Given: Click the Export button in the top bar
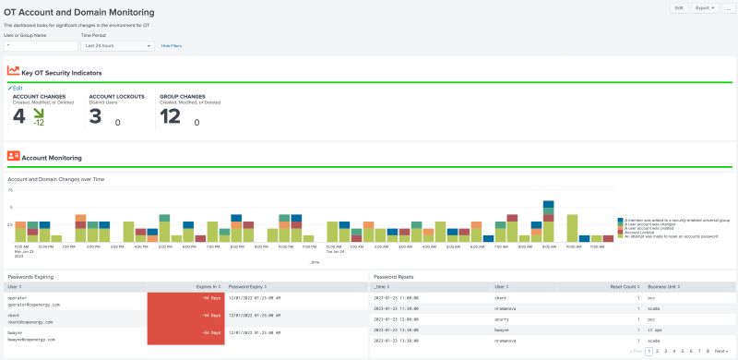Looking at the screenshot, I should point(706,7).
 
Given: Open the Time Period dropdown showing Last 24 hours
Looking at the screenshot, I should point(117,44).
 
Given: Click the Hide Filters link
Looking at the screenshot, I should point(172,44).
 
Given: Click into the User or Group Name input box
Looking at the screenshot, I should point(41,44).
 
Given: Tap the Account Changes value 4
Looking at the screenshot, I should point(19,115).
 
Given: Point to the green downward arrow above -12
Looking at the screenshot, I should point(39,113).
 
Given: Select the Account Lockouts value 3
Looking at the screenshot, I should point(95,115).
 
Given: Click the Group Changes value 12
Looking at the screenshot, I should point(170,115).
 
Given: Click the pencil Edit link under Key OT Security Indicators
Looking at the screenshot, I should point(17,88).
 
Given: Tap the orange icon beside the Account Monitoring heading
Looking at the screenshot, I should point(13,157).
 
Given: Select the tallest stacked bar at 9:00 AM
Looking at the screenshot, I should point(548,221).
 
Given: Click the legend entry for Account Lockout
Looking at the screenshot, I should point(645,232).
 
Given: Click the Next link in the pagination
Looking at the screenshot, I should point(721,351).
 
